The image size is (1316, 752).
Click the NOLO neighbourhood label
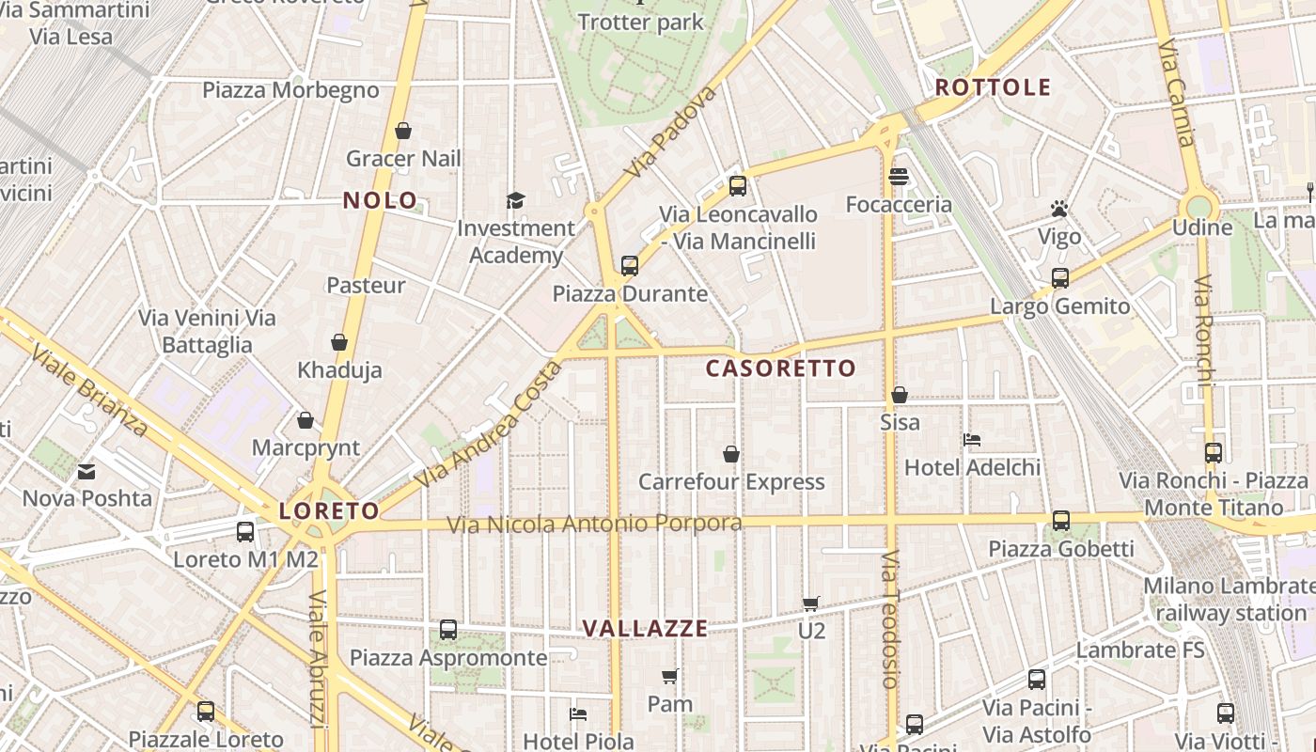click(x=380, y=200)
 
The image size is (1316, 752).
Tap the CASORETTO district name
click(x=780, y=368)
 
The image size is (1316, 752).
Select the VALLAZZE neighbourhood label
click(x=645, y=629)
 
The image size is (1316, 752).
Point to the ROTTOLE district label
click(x=993, y=88)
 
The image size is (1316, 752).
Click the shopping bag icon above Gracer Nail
click(x=403, y=131)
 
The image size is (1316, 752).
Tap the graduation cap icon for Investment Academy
click(x=515, y=200)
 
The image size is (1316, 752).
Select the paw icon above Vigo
click(x=1059, y=209)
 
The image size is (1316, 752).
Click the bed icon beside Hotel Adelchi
click(x=972, y=440)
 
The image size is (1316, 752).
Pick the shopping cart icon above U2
click(x=811, y=603)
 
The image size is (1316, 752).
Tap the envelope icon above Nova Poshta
click(x=86, y=471)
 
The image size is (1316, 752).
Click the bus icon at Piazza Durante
click(x=630, y=266)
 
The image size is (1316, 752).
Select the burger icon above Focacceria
click(x=899, y=177)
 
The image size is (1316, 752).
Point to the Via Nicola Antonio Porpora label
click(x=594, y=524)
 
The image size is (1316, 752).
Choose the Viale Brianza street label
click(x=89, y=391)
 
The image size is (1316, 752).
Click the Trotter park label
click(x=641, y=23)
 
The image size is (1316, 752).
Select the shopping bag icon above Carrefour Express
click(x=731, y=455)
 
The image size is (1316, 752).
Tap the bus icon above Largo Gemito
click(x=1060, y=278)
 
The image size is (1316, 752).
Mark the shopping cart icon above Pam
click(x=670, y=677)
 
